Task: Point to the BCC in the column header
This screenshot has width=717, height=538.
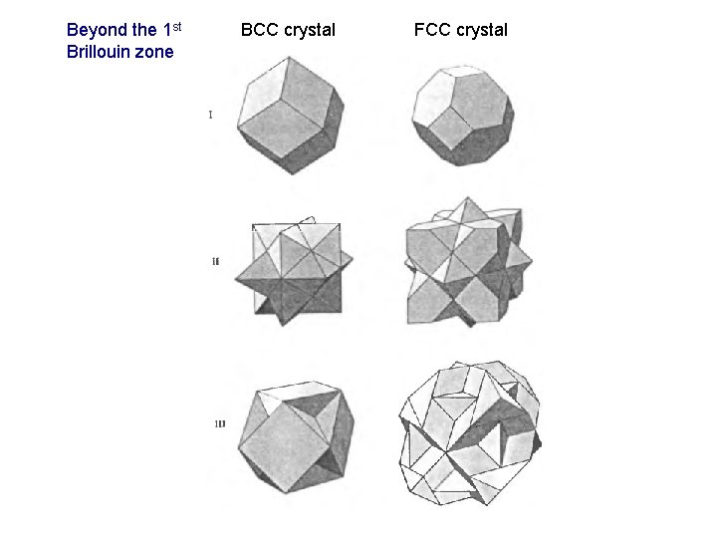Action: click(260, 30)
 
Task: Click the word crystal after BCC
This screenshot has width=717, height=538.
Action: click(309, 30)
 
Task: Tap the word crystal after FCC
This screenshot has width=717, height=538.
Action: click(482, 30)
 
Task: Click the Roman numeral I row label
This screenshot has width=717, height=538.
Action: click(210, 115)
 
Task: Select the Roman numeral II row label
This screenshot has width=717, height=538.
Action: click(216, 261)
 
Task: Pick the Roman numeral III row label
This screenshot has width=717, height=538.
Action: click(219, 424)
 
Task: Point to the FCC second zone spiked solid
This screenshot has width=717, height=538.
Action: click(464, 262)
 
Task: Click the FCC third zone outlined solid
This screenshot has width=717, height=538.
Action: click(469, 432)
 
